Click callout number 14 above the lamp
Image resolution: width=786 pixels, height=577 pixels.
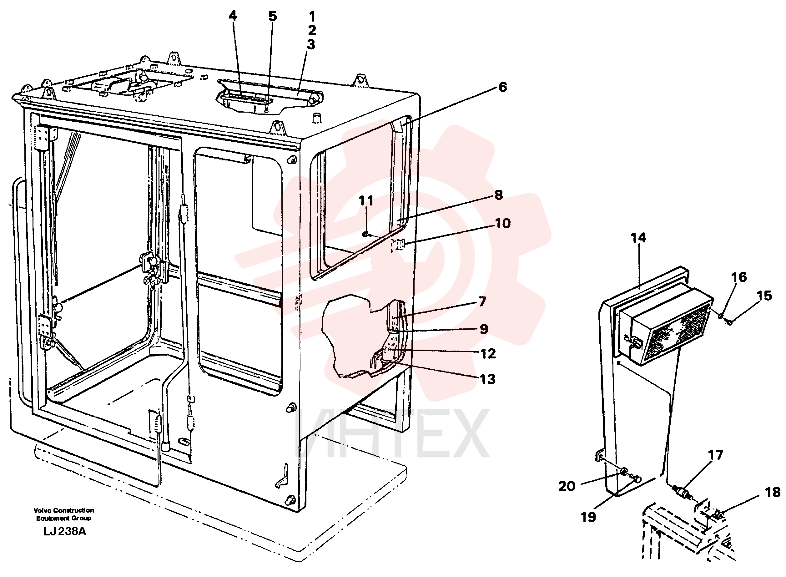coord(638,238)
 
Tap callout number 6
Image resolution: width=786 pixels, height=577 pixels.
coord(502,87)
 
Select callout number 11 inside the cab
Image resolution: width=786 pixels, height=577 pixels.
coord(366,200)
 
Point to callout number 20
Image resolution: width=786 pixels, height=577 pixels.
coord(567,486)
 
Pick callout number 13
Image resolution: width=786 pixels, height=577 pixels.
coord(487,379)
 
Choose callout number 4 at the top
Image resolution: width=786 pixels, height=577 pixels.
coord(233,16)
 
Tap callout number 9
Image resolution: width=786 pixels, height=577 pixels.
coord(484,329)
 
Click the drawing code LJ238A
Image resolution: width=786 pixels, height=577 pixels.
coord(65,531)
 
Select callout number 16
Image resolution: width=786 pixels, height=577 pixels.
coord(739,277)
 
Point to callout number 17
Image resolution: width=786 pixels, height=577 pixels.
coord(715,455)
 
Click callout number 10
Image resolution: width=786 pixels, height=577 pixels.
coord(503,223)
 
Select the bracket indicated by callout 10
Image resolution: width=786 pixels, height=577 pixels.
coord(397,245)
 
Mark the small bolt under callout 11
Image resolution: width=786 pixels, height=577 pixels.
coord(365,234)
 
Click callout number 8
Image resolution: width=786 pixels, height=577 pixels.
coord(499,195)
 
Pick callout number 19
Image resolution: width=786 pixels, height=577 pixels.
coord(588,517)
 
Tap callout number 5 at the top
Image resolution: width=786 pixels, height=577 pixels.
coord(272,16)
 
